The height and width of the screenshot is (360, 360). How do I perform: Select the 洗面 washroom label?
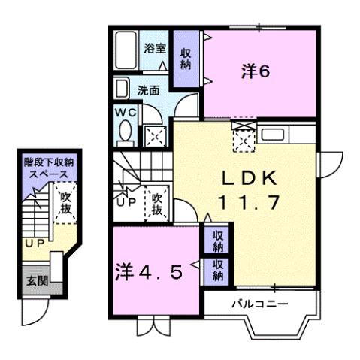pyautogui.click(x=148, y=89)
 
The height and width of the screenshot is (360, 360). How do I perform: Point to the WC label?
pyautogui.click(x=125, y=112)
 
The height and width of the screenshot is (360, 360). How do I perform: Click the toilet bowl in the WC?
pyautogui.click(x=125, y=133)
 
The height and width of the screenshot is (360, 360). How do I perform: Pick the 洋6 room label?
pyautogui.click(x=255, y=71)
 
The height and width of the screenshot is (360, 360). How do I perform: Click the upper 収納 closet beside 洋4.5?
pyautogui.click(x=216, y=241)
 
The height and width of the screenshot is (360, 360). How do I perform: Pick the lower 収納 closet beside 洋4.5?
pyautogui.click(x=216, y=269)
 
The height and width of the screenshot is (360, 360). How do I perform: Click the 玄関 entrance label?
pyautogui.click(x=36, y=283)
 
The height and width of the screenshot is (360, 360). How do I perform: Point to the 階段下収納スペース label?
pyautogui.click(x=50, y=167)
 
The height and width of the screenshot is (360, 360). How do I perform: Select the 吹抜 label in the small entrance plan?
pyautogui.click(x=65, y=203)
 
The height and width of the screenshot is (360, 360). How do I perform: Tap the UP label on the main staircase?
pyautogui.click(x=125, y=202)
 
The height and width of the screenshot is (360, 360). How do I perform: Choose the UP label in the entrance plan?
pyautogui.click(x=32, y=244)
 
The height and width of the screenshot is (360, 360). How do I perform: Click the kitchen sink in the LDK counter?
pyautogui.click(x=271, y=136)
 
